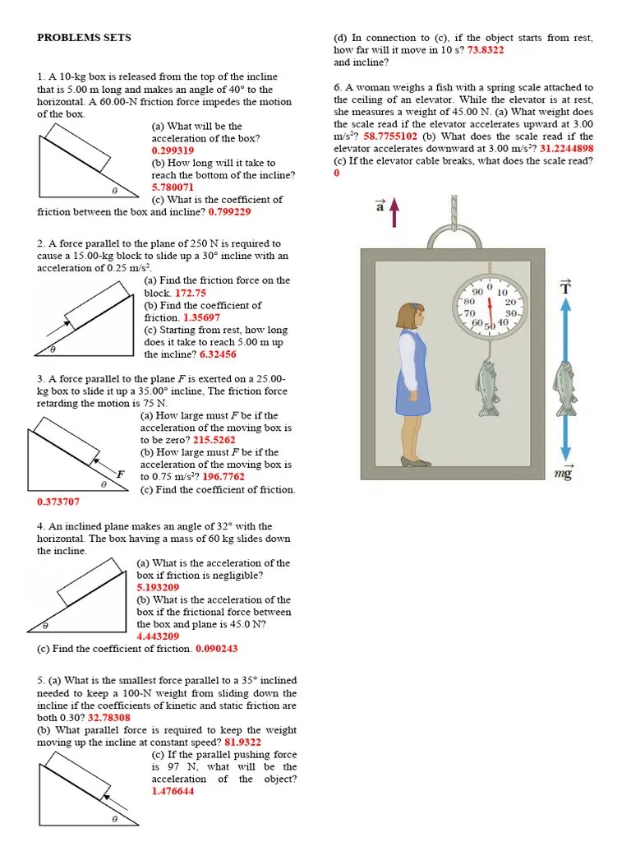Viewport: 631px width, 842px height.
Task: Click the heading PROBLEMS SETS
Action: [x=84, y=38]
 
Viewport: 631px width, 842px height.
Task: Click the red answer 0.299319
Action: [x=173, y=150]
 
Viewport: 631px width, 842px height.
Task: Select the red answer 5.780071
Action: [x=173, y=187]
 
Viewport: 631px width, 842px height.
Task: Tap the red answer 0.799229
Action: [x=230, y=212]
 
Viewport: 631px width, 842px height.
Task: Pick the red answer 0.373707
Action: [x=58, y=502]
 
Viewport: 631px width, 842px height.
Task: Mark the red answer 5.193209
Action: [x=158, y=588]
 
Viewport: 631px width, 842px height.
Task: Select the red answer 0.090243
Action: [x=217, y=649]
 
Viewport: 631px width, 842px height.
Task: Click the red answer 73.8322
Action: [x=486, y=50]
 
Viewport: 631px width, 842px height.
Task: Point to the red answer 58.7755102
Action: [x=390, y=136]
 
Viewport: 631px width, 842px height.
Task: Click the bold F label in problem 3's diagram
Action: [x=120, y=474]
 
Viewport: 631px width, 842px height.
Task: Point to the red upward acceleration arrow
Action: [x=394, y=212]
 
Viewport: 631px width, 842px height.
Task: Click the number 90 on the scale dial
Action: [x=476, y=292]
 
